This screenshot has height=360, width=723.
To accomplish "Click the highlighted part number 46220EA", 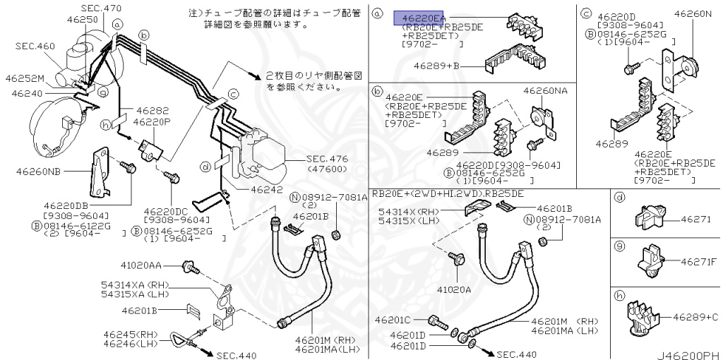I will (424, 18).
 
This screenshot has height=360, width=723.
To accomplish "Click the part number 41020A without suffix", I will (453, 288).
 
